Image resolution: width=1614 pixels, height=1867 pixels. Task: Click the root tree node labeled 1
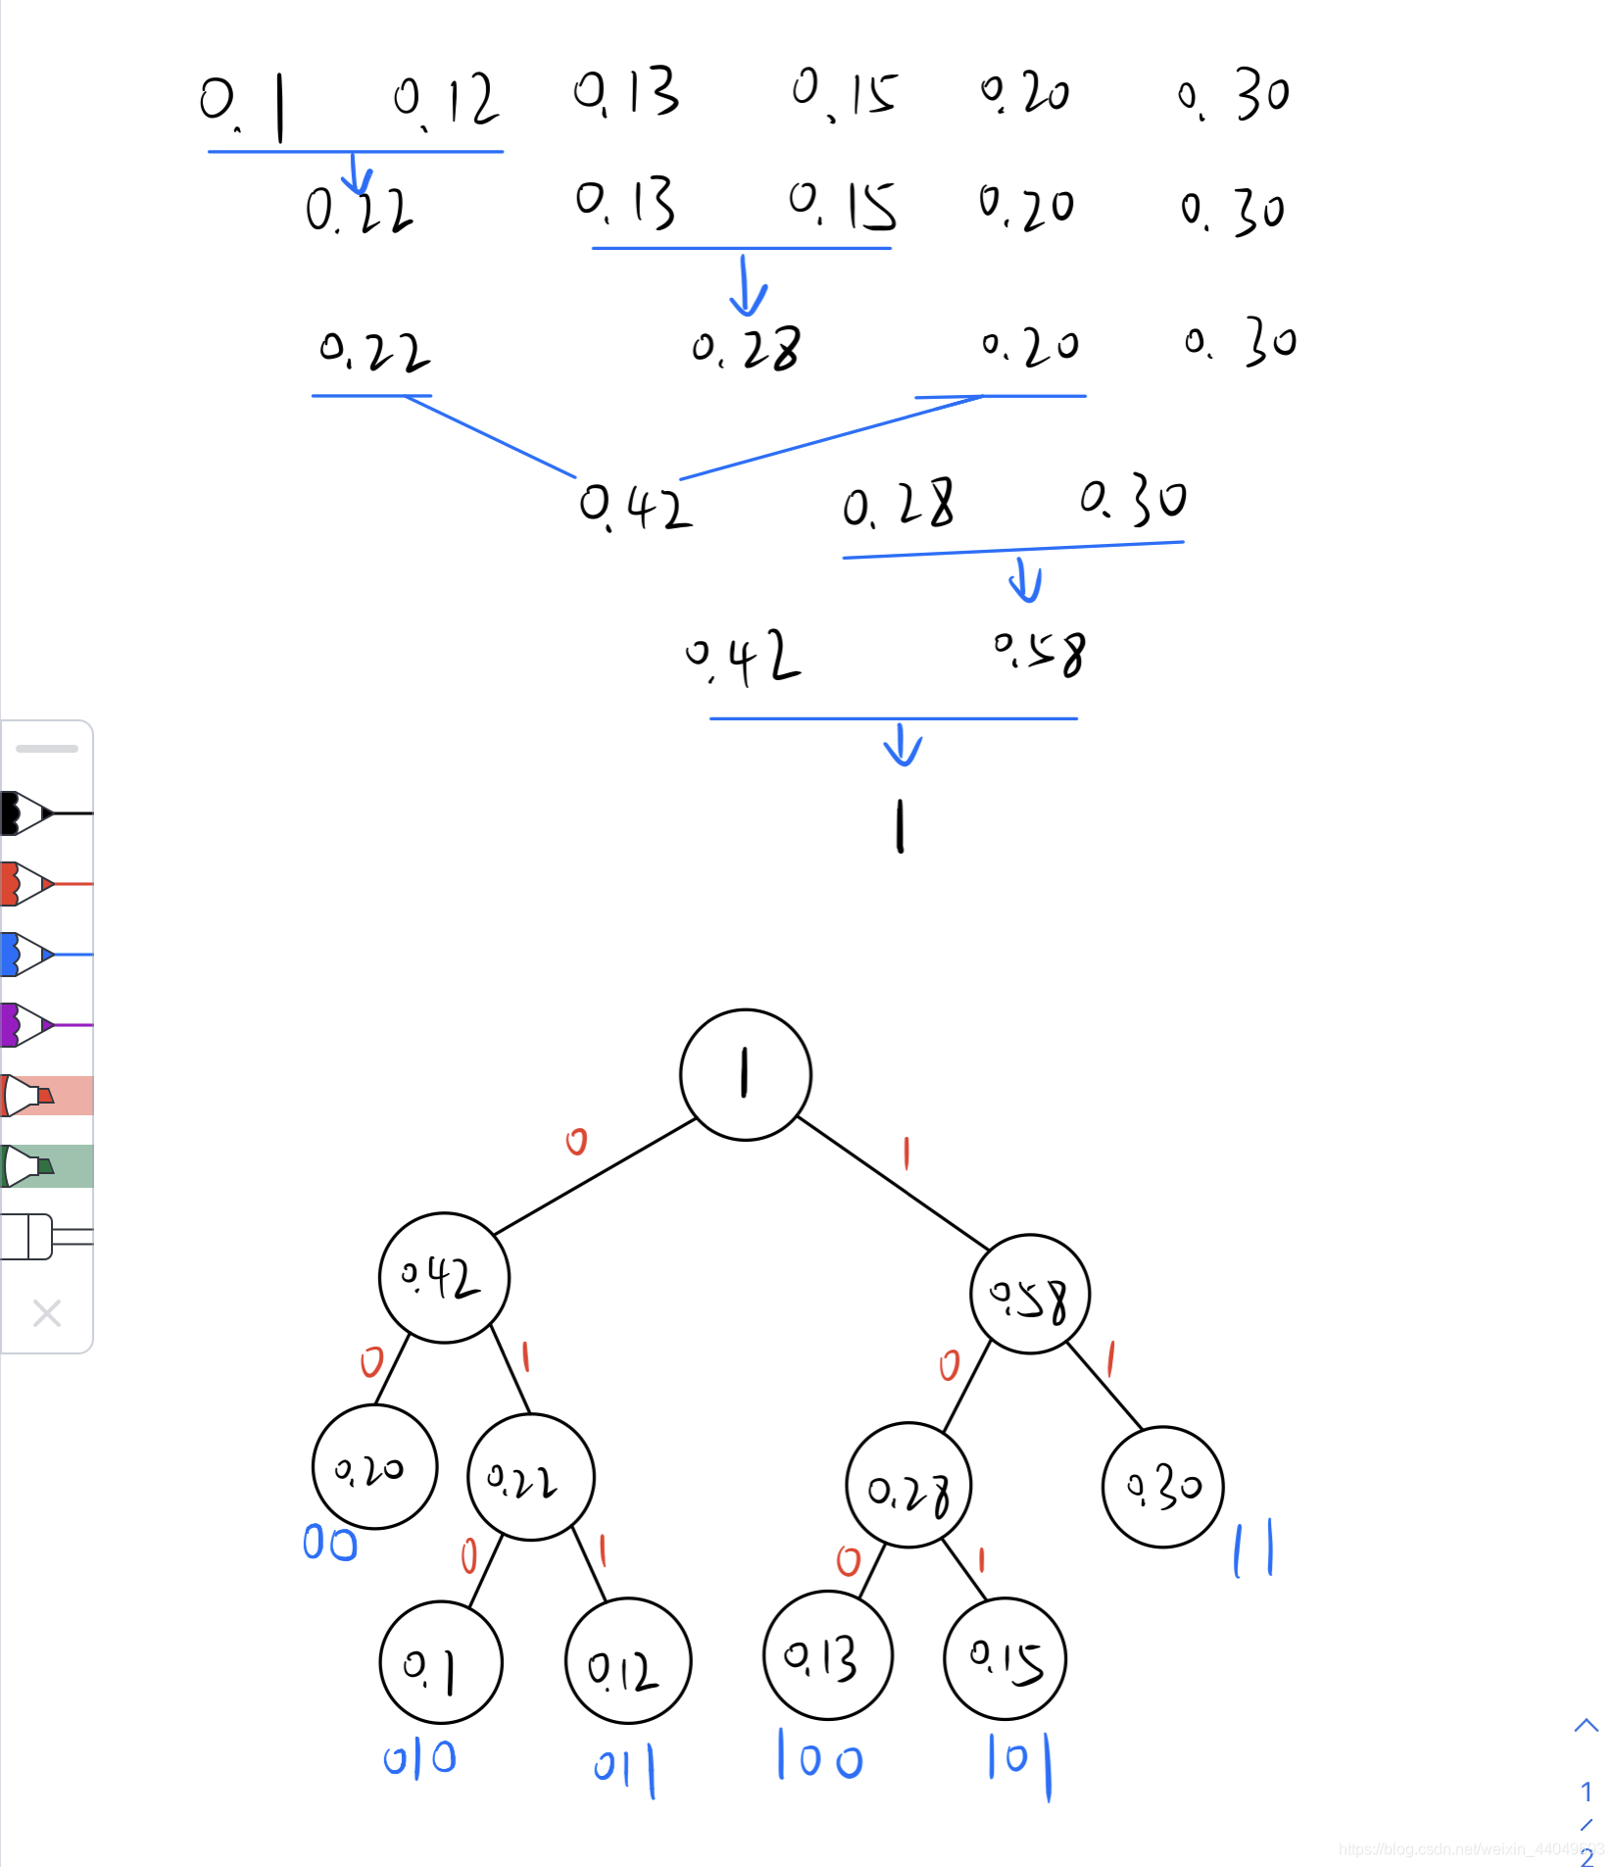click(745, 1074)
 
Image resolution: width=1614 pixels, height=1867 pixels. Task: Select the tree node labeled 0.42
click(444, 1277)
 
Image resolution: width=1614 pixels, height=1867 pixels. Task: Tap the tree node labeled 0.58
click(1029, 1296)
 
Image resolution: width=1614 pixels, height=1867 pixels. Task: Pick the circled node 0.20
click(374, 1467)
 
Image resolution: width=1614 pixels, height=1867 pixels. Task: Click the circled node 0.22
click(530, 1477)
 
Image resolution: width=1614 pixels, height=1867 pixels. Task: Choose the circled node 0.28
click(908, 1486)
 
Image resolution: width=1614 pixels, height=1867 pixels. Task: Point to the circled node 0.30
click(1162, 1487)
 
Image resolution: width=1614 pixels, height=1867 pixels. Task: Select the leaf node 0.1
click(441, 1662)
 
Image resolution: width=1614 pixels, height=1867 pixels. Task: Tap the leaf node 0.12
click(628, 1662)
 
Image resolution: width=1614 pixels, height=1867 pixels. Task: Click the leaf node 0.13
click(827, 1656)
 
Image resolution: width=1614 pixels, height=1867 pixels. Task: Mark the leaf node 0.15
click(1005, 1658)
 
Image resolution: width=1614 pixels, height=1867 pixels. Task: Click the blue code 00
click(330, 1543)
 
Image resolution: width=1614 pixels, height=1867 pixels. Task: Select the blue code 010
click(419, 1758)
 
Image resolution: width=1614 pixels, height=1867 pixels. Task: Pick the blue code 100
click(819, 1756)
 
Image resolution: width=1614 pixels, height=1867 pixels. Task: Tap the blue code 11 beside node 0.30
click(1253, 1548)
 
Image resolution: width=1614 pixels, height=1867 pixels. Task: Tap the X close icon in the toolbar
click(47, 1313)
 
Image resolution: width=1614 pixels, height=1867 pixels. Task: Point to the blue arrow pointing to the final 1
click(903, 746)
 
